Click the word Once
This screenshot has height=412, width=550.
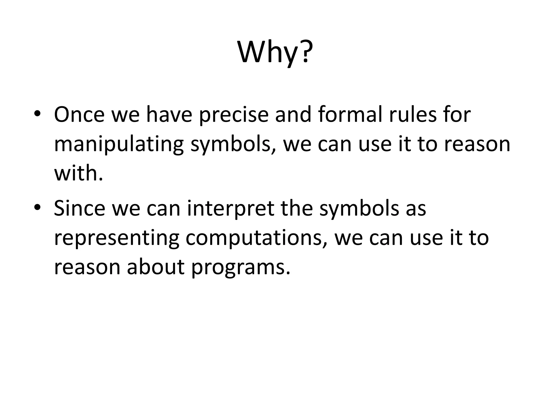click(79, 115)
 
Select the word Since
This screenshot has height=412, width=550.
click(79, 208)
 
